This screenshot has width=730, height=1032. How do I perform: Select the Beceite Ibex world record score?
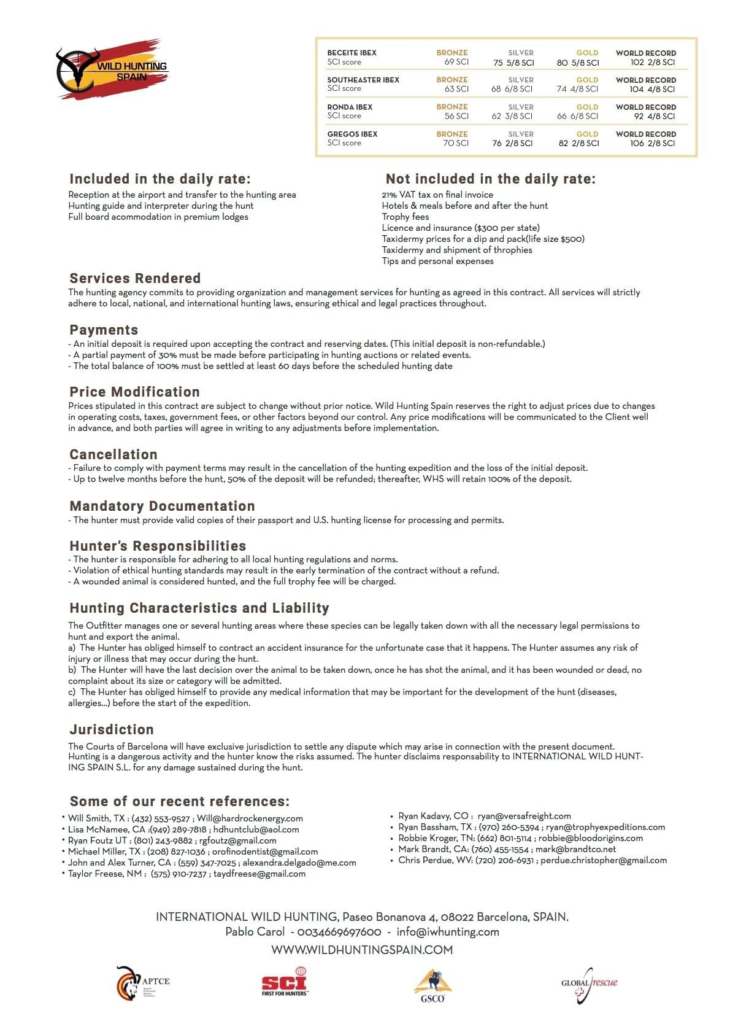(653, 62)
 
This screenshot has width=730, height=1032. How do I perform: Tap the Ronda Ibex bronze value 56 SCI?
(456, 116)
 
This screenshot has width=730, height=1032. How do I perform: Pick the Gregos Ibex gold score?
(578, 143)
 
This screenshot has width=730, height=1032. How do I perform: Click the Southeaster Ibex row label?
(363, 80)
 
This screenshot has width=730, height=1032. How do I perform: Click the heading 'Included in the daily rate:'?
(159, 179)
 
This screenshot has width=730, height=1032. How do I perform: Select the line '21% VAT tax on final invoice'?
(437, 195)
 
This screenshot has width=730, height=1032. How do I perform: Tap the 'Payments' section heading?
(104, 330)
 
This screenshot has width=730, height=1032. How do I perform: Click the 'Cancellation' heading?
(113, 455)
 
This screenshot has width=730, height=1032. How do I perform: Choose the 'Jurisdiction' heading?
(112, 730)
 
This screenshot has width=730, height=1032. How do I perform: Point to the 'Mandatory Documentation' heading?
(162, 506)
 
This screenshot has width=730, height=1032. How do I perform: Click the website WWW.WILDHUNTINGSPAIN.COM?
(362, 950)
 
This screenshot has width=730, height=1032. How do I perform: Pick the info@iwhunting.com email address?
(448, 932)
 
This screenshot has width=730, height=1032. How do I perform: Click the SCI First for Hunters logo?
(285, 982)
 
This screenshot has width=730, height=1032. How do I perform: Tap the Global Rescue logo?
(589, 984)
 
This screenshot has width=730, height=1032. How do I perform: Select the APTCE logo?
(142, 982)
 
